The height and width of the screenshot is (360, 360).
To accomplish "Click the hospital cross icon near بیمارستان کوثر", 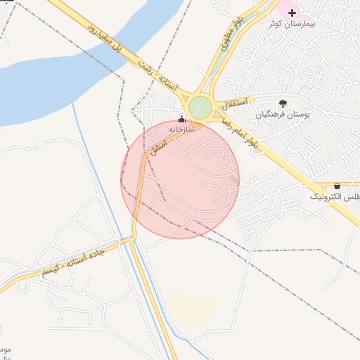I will [292, 13].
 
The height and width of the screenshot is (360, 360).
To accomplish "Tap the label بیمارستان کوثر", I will [292, 24].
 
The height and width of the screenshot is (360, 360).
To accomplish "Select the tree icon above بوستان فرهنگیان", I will [283, 103].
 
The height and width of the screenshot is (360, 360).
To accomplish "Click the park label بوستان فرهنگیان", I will [283, 114].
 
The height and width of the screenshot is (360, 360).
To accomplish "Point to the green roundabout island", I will [200, 108].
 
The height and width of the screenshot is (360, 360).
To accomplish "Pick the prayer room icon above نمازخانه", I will [182, 119].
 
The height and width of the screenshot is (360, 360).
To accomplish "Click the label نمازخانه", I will [181, 129].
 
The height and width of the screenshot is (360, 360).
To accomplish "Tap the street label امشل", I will [158, 146].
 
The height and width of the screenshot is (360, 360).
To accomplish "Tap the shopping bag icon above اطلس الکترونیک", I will [337, 186].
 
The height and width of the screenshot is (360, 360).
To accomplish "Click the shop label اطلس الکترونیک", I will [335, 196].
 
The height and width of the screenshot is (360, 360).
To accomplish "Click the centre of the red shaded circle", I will [181, 180].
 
